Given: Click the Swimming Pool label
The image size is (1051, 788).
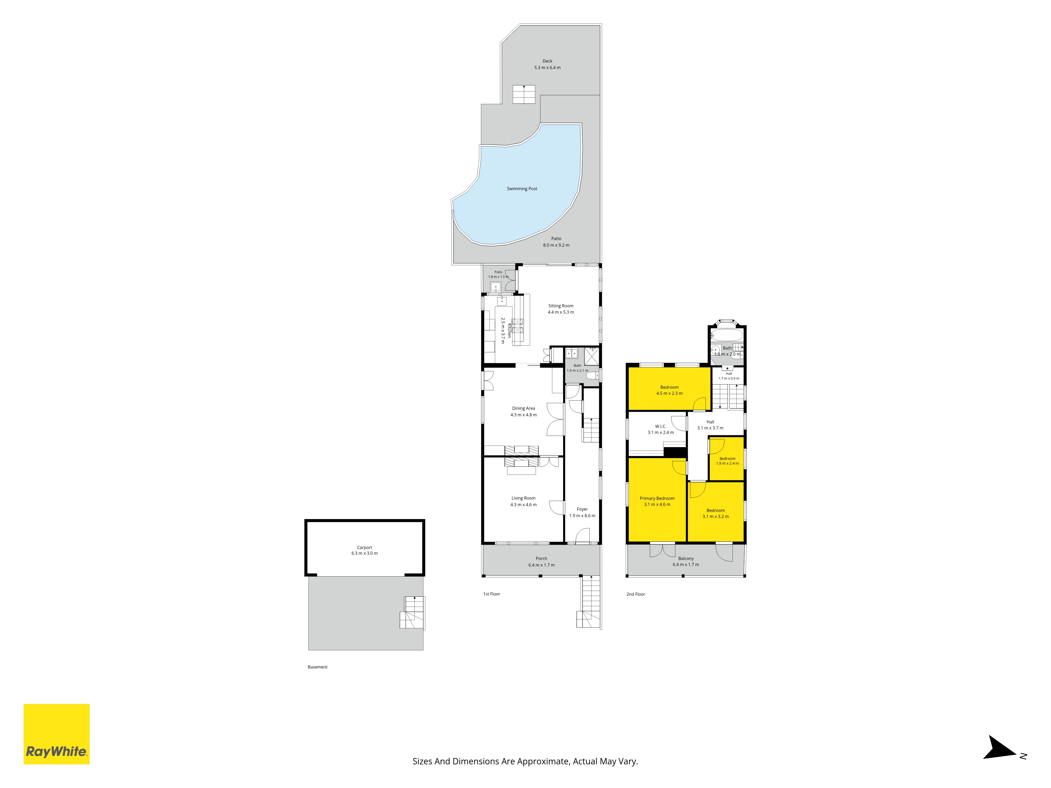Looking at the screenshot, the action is coord(522,189).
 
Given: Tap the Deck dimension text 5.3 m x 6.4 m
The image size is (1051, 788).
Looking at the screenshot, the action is coord(547,68).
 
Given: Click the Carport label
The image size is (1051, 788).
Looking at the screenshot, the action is coord(364,547).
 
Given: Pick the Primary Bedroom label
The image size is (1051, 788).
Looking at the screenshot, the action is coord(657,498).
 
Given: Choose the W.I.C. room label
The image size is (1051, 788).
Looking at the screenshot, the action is coord(661,426).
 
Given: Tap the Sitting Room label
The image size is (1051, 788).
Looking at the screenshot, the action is coord(561,306).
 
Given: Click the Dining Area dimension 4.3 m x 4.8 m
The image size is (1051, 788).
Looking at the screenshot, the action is coord(524,415).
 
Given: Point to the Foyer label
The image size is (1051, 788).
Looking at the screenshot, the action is coord(582,509).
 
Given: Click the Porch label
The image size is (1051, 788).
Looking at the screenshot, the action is coord(541,559).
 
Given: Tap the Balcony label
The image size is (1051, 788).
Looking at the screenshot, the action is coord(686,559).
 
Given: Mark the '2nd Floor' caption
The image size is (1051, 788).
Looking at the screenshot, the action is coord(636,594).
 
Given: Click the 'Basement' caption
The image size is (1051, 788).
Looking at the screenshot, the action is coord(317,667).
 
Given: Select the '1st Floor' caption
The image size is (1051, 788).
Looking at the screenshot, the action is coord(492,594).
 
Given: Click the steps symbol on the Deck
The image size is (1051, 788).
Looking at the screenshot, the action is coord(524,94).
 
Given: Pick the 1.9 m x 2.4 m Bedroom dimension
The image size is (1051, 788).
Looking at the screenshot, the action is coord(728,463).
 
